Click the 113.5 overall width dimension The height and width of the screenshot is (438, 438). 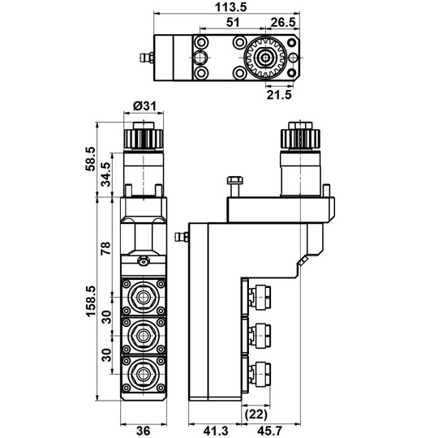[x=230, y=6]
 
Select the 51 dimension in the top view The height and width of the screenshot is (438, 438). [x=233, y=22]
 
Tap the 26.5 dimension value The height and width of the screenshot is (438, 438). [x=283, y=22]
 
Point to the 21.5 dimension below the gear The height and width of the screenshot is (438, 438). [x=279, y=94]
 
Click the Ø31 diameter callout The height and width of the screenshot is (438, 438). [x=144, y=106]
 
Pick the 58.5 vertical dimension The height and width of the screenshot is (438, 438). [x=90, y=159]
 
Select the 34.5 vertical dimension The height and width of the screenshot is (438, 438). [x=106, y=174]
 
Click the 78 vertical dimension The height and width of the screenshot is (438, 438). [x=106, y=248]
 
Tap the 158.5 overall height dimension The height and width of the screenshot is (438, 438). [x=91, y=301]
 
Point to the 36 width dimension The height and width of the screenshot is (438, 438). [x=143, y=431]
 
